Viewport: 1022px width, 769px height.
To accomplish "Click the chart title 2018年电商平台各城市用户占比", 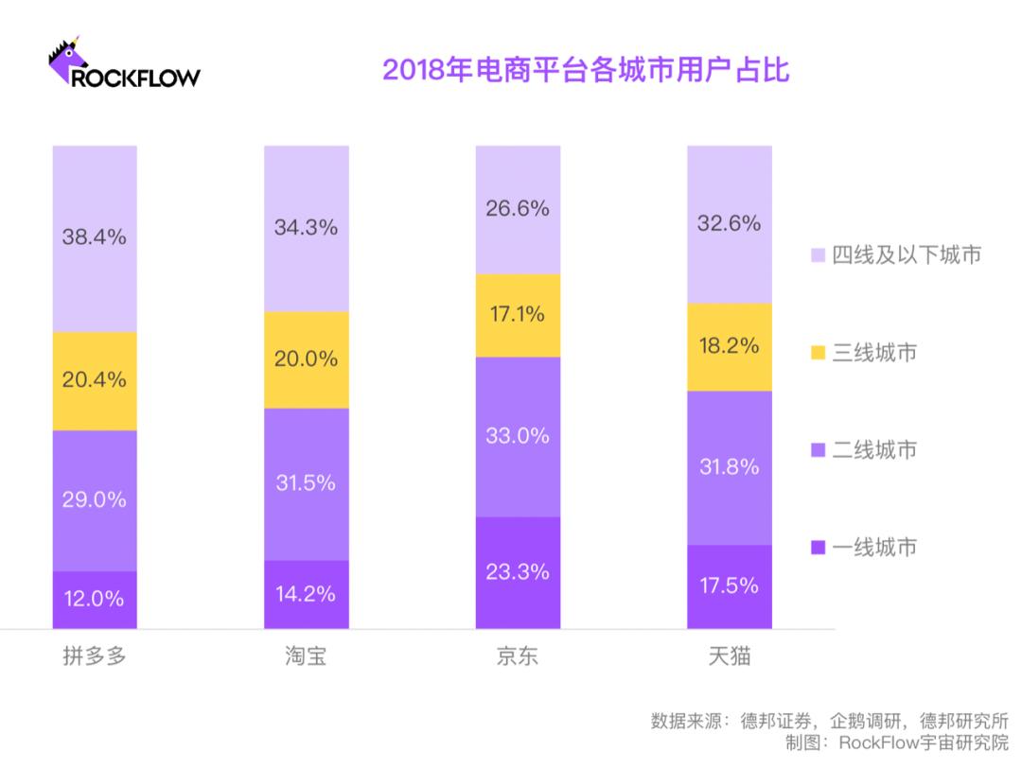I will coord(585,71).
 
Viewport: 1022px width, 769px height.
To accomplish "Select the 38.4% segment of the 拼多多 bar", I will coord(95,238).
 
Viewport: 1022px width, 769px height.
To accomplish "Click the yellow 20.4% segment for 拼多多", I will coord(95,380).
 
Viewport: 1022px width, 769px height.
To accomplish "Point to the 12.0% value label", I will coord(95,599).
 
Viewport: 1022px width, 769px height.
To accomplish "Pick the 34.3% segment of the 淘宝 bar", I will coord(307,228).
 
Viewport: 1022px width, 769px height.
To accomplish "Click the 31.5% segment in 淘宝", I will coord(307,483).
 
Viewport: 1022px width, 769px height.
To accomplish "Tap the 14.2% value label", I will coord(307,594).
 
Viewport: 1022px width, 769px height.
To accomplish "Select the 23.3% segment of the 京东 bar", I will coord(518,572).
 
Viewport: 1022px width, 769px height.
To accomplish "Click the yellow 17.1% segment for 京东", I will coord(518,315).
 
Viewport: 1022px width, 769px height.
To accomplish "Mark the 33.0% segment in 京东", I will coord(518,436).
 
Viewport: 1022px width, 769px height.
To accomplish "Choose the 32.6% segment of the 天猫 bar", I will coord(730,224).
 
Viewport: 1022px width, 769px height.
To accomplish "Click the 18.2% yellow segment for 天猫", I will coord(730,346).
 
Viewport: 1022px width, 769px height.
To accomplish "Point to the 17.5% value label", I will coord(730,585).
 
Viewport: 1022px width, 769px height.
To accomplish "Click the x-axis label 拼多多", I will coord(95,656).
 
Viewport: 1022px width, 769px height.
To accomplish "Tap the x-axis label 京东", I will coord(518,656).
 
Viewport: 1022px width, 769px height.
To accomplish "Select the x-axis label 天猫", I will coord(730,656).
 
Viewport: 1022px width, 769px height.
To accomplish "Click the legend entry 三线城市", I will coord(863,353).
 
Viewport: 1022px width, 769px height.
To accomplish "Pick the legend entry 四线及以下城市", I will coord(895,254).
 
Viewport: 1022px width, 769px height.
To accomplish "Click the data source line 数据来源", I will coord(829,719).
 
